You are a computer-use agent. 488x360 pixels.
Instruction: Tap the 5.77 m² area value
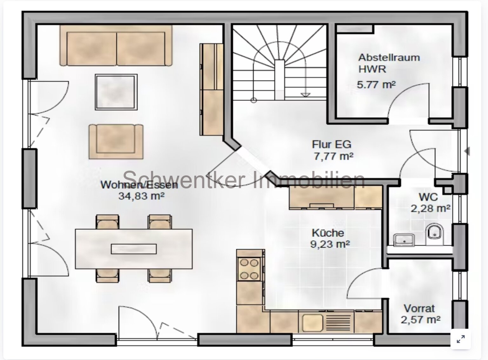click(x=376, y=85)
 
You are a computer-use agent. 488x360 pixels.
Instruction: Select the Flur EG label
click(x=331, y=145)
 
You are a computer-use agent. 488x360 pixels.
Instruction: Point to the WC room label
click(x=428, y=197)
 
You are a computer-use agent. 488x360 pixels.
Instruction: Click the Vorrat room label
click(x=419, y=308)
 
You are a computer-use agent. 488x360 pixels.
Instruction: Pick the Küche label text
click(x=328, y=233)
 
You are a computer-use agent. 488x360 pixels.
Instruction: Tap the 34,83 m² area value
click(x=141, y=196)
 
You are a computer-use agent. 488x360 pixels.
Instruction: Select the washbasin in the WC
click(x=404, y=239)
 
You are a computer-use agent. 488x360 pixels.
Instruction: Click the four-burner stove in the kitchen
click(x=250, y=269)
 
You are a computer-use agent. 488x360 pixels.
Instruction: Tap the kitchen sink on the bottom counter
click(x=312, y=322)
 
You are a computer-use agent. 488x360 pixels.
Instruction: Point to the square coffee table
click(x=116, y=92)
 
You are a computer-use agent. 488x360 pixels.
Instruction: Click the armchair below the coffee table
click(x=116, y=141)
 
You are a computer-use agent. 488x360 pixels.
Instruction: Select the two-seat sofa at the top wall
click(x=116, y=45)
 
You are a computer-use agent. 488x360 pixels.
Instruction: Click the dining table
click(x=134, y=249)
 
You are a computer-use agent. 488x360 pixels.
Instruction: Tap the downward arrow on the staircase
click(x=305, y=94)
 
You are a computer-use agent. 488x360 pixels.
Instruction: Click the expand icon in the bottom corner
click(x=461, y=339)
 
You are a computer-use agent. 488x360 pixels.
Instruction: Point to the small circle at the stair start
click(x=253, y=100)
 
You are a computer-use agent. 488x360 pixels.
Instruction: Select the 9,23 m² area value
click(x=330, y=244)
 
